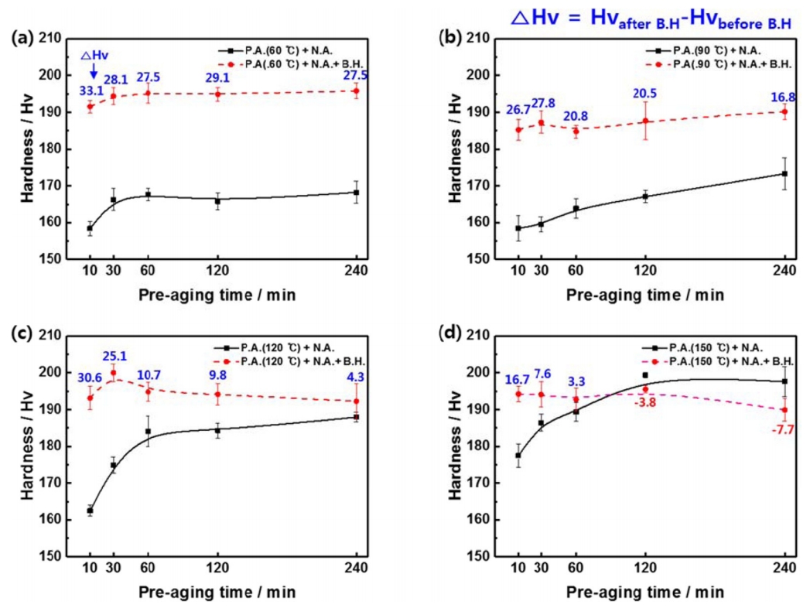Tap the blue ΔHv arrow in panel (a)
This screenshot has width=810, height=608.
click(93, 70)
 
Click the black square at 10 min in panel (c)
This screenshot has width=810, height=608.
click(91, 511)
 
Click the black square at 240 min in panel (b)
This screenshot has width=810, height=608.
click(784, 174)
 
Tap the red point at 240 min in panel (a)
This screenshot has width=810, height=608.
click(356, 91)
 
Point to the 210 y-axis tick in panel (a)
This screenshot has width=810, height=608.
click(51, 39)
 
